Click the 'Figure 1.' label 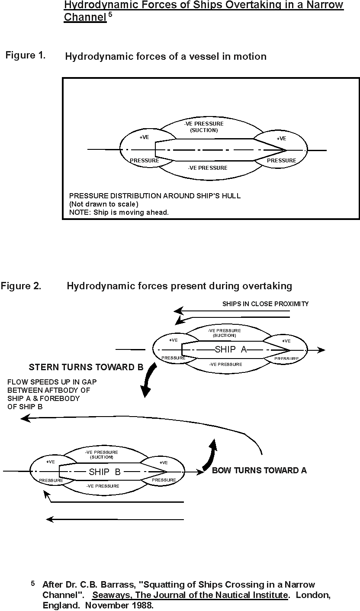[x=26, y=55]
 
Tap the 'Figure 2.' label [x=21, y=286]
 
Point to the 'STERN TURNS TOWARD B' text [x=86, y=367]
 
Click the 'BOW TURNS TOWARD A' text [x=259, y=470]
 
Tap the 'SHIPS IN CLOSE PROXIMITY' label [x=265, y=304]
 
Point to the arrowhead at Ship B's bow [x=199, y=471]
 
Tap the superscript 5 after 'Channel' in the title [x=110, y=14]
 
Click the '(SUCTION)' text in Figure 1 [x=204, y=130]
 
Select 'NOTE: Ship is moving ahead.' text [x=119, y=213]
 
